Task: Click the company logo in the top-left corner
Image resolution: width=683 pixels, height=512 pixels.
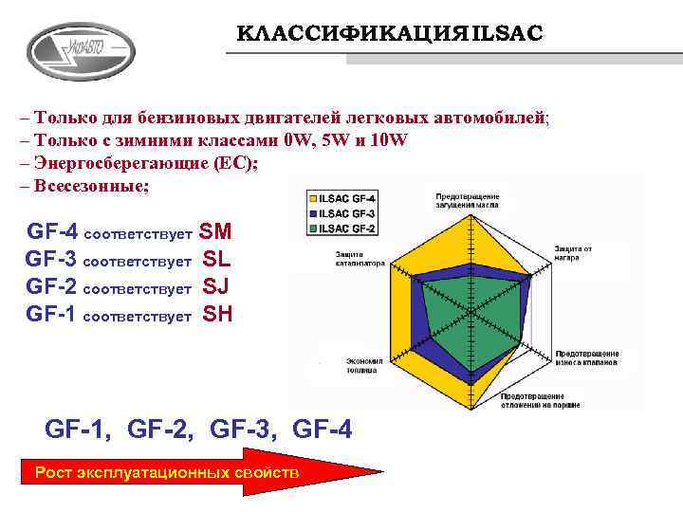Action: (81, 50)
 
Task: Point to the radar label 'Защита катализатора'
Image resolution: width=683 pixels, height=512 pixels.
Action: (360, 259)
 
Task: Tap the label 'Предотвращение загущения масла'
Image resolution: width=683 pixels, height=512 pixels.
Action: (467, 199)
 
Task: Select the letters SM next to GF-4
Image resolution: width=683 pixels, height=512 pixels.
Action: (216, 231)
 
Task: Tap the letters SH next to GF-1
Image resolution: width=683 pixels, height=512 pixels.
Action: (217, 315)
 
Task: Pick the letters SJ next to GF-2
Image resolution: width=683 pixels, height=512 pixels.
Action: (217, 286)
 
